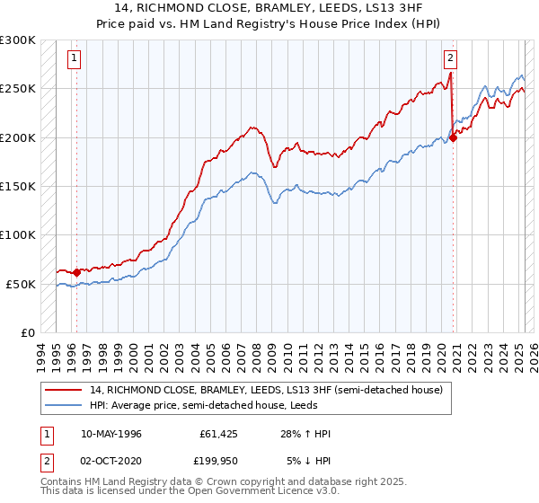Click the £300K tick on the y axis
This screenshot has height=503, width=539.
18,40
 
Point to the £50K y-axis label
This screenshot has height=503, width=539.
21,284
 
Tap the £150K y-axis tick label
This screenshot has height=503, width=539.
18,187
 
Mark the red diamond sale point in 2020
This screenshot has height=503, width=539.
454,137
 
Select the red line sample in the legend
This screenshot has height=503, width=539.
64,391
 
